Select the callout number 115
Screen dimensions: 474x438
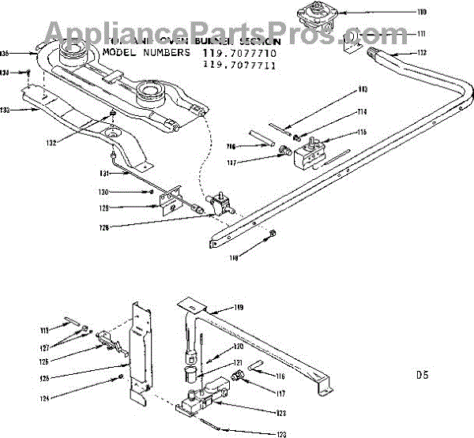(x=363, y=132)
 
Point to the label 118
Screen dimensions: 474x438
(x=235, y=257)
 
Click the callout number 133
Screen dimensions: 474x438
(x=6, y=110)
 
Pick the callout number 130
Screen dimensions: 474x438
(x=103, y=193)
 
